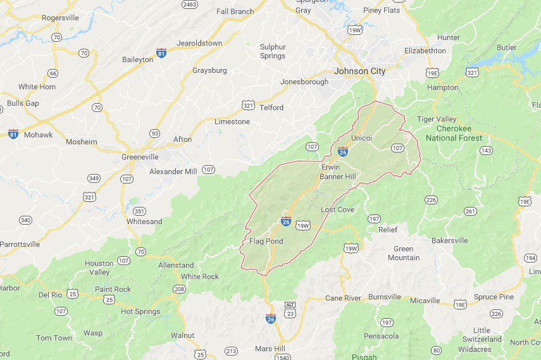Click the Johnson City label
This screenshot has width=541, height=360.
[x=359, y=71]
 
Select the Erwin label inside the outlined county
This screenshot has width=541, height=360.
[x=331, y=167]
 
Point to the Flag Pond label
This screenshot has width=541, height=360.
[x=266, y=241]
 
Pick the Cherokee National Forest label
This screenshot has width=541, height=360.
[x=454, y=133]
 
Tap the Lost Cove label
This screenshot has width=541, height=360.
[x=337, y=209]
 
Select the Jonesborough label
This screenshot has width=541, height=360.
[x=304, y=82]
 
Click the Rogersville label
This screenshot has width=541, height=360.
[x=60, y=18]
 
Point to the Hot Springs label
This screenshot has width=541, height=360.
[x=140, y=311]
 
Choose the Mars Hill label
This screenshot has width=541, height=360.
[x=271, y=349]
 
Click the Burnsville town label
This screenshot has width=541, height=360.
[x=385, y=296]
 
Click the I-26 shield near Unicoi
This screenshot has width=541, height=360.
[x=342, y=152]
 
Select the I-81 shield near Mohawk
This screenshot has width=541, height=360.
[x=13, y=133]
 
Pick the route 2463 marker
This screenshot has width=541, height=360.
[x=189, y=4]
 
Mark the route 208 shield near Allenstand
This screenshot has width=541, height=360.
[x=179, y=289]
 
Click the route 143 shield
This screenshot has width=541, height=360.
[x=486, y=150]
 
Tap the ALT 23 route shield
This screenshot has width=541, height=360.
[x=290, y=309]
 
